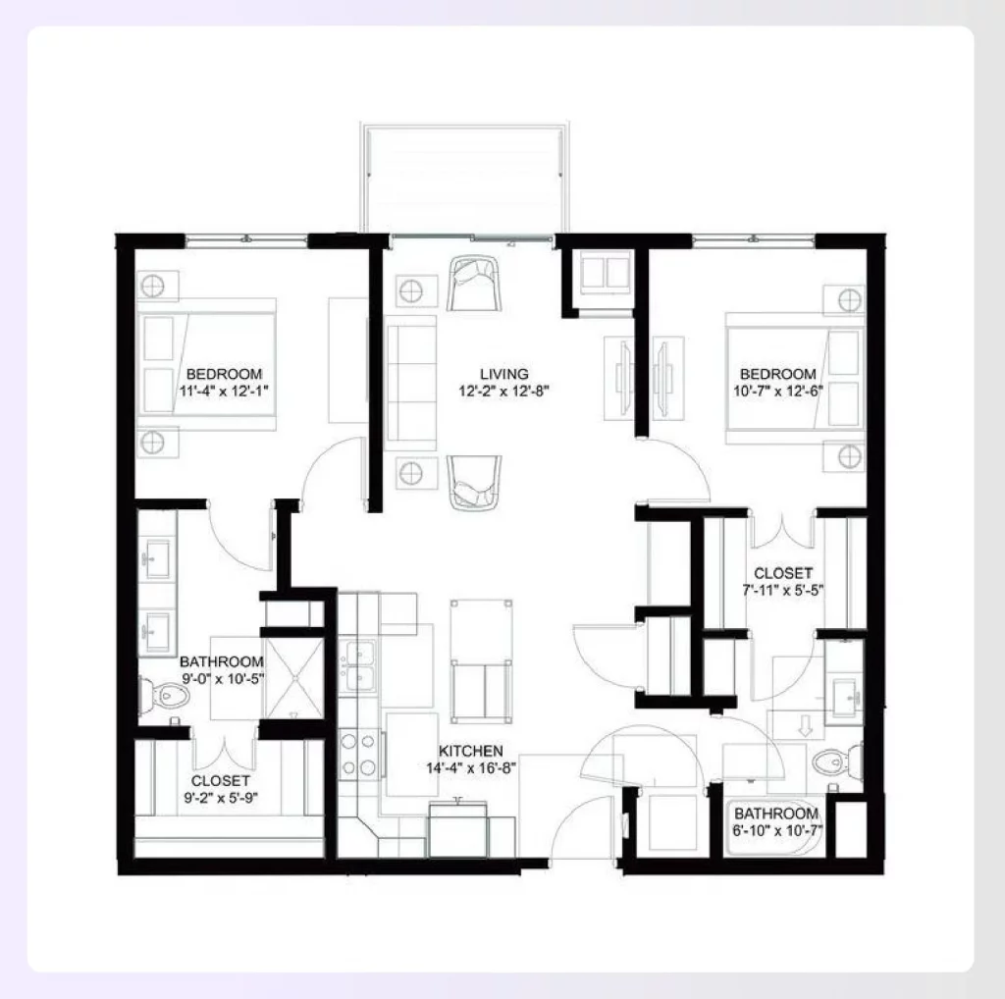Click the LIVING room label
(503, 374)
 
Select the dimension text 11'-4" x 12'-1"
(224, 391)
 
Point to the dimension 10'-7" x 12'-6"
(777, 391)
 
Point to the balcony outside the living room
(464, 178)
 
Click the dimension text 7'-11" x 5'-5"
(782, 591)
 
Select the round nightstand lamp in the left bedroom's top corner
(152, 286)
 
